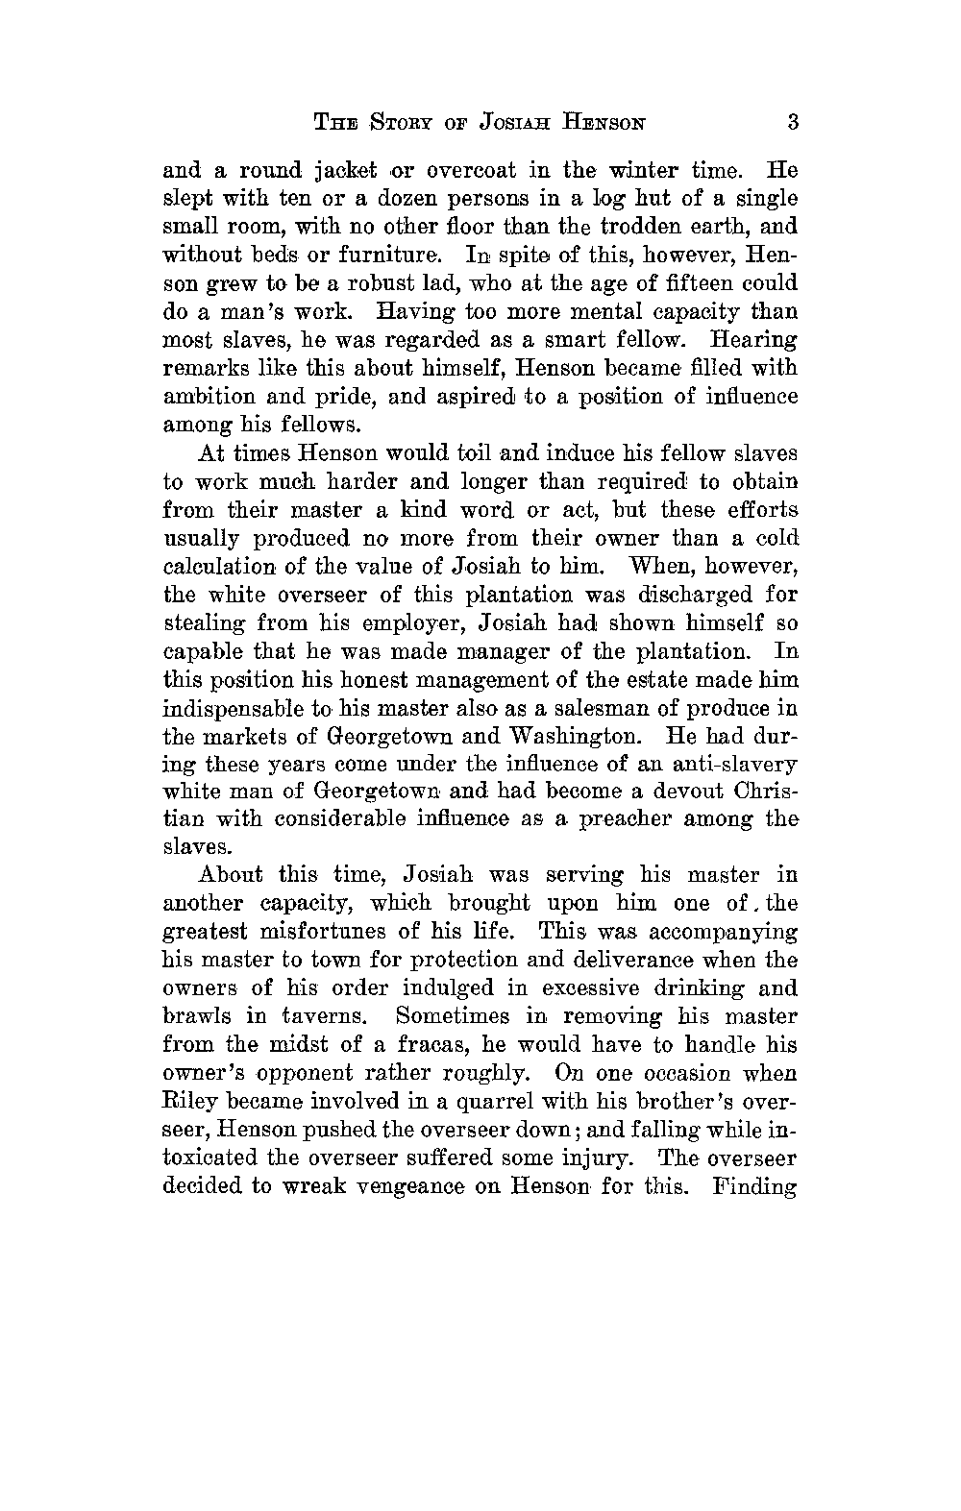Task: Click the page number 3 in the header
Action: pyautogui.click(x=792, y=122)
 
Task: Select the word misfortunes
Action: pyautogui.click(x=314, y=932)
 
